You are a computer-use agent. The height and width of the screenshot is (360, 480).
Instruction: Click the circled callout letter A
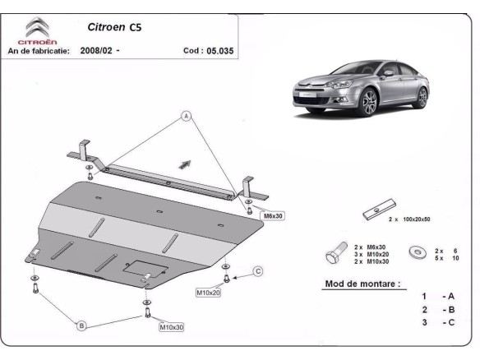[x=187, y=116]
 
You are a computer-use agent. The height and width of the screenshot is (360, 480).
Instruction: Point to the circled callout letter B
[x=81, y=326]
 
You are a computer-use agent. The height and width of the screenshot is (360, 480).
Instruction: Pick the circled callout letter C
[x=256, y=270]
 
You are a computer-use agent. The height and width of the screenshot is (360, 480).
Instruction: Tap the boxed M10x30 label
[x=172, y=327]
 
